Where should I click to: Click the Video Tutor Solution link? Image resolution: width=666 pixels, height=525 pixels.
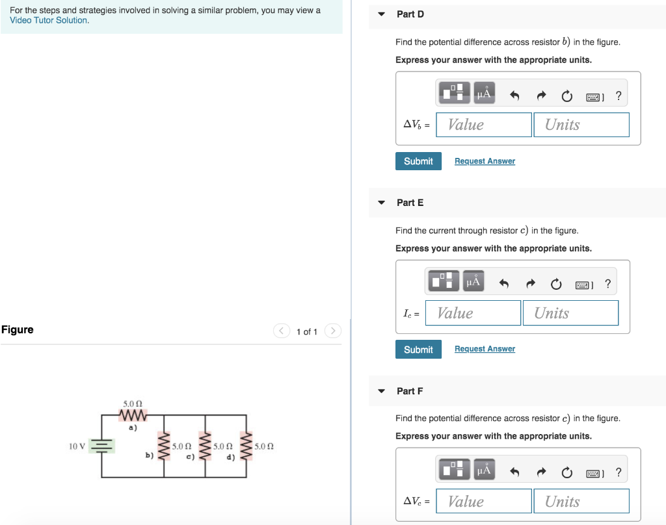(x=49, y=20)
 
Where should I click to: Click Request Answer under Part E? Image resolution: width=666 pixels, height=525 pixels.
(x=485, y=349)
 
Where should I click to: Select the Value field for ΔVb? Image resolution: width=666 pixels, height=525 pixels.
(x=484, y=125)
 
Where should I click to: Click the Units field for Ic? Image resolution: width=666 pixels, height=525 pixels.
(x=570, y=313)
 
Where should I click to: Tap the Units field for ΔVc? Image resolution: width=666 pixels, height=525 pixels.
(x=581, y=502)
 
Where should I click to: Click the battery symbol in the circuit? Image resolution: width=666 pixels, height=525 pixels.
(x=101, y=446)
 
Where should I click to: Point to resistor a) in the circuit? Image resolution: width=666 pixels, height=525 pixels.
(x=133, y=415)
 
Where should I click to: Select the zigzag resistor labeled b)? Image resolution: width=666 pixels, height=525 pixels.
(x=164, y=446)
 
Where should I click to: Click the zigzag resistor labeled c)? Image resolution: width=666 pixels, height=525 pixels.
(x=206, y=446)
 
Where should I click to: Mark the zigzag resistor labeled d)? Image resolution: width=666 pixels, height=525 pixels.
(x=246, y=446)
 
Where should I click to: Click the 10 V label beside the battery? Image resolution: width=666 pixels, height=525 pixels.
(x=77, y=446)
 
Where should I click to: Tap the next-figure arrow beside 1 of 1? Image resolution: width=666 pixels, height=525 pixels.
(x=332, y=331)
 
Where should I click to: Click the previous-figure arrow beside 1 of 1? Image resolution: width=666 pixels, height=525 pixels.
(x=281, y=331)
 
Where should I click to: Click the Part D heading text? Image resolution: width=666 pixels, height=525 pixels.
(x=410, y=14)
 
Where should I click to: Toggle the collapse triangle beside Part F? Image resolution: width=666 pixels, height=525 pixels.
(x=382, y=391)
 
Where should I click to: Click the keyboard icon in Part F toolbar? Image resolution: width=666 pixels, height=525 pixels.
(x=594, y=472)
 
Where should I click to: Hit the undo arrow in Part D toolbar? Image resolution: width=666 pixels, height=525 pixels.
(x=514, y=97)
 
